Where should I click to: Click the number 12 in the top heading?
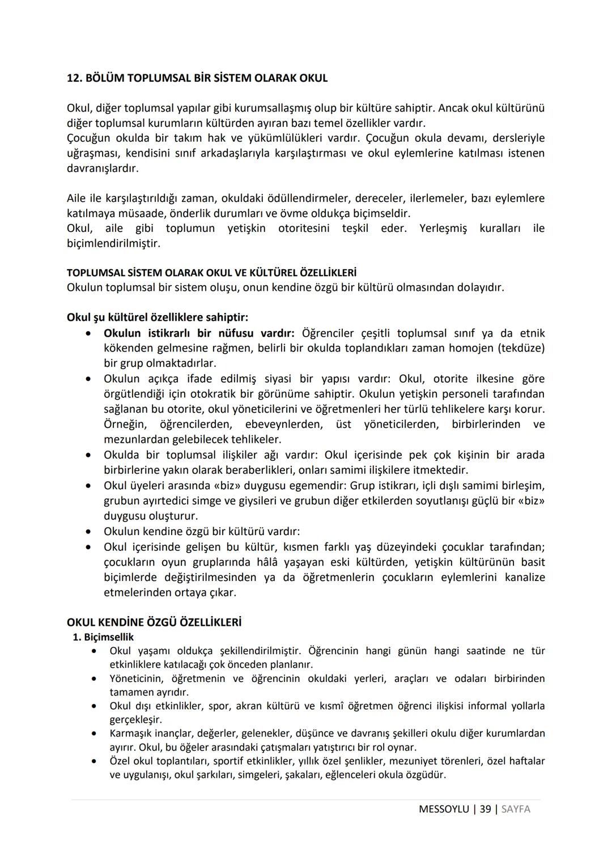click(x=73, y=78)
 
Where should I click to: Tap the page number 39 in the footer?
click(x=485, y=809)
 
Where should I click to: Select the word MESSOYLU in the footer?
click(x=444, y=809)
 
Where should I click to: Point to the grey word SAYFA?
click(x=516, y=809)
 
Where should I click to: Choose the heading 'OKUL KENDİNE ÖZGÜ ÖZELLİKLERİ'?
click(x=154, y=622)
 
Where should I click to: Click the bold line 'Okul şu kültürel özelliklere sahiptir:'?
click(x=158, y=317)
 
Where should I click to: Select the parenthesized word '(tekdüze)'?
click(x=521, y=348)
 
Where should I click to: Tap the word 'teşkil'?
click(x=355, y=228)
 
